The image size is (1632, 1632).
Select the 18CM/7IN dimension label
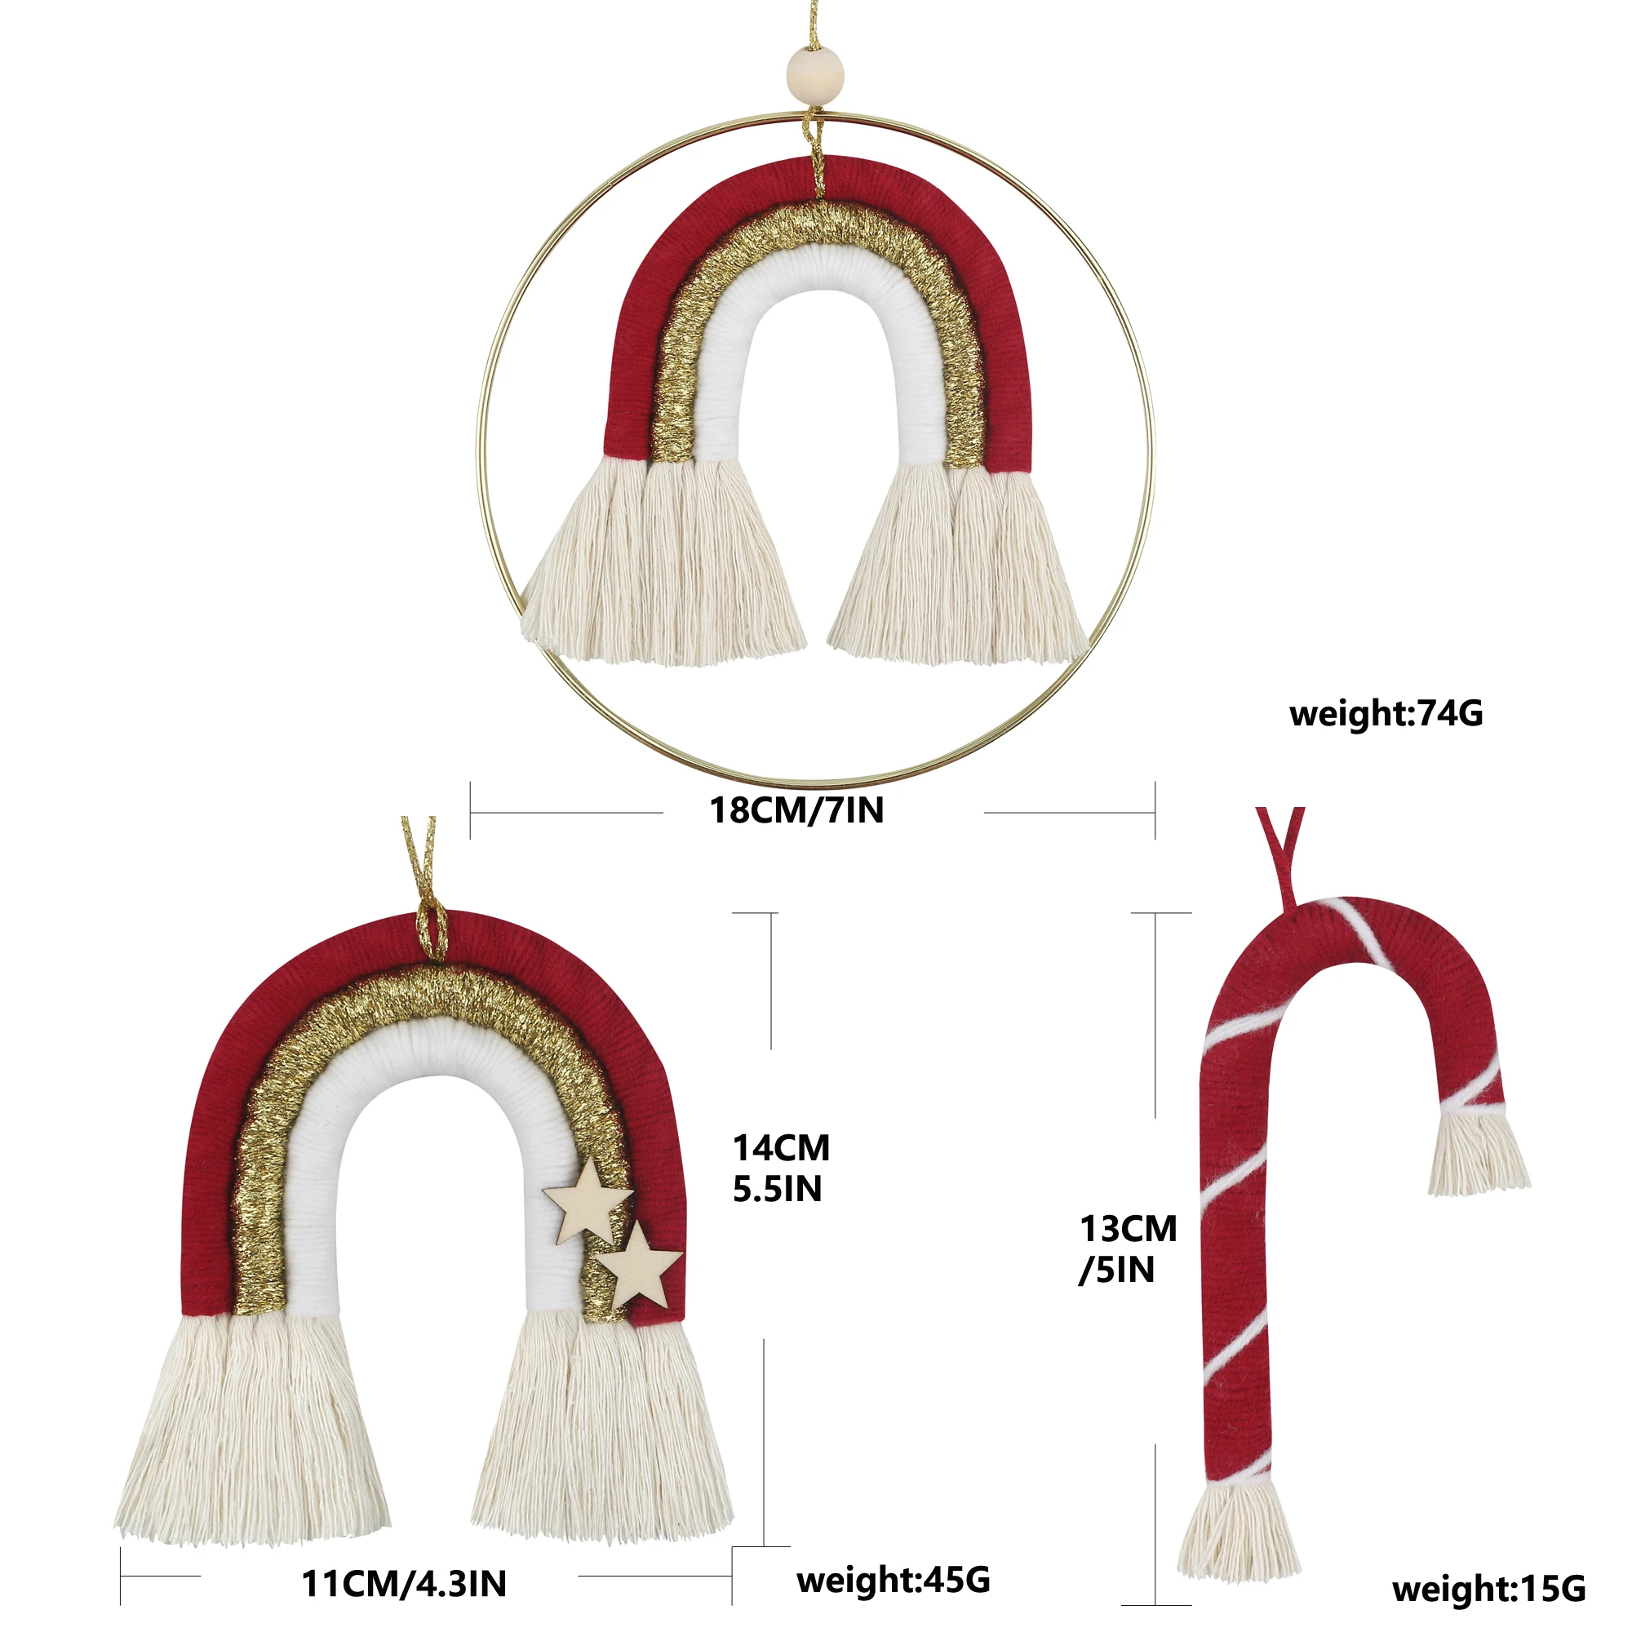(796, 810)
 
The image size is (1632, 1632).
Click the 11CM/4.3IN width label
(404, 1584)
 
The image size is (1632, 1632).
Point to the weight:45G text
(893, 1579)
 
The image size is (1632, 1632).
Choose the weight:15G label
(1488, 1588)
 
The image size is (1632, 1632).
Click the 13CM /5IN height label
(1128, 1248)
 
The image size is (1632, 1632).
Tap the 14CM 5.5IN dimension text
(781, 1168)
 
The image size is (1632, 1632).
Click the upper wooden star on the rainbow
(590, 1204)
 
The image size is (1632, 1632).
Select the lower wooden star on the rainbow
(639, 1267)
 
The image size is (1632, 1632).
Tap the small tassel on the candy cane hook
(1478, 1154)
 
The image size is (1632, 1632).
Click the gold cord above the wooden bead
(813, 25)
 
